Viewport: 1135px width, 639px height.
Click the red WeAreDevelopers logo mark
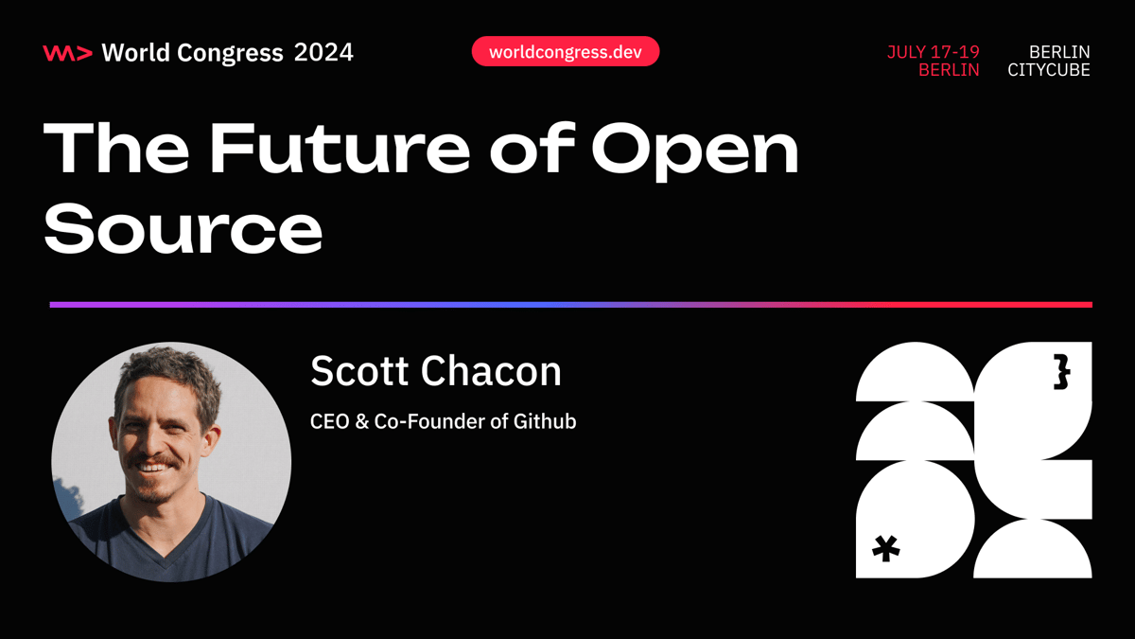[67, 53]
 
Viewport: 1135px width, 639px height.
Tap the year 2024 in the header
[323, 52]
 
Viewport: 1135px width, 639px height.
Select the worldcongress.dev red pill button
[565, 52]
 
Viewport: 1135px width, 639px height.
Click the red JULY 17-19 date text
[933, 52]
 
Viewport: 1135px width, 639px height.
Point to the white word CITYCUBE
[1048, 71]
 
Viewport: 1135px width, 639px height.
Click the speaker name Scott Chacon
[435, 371]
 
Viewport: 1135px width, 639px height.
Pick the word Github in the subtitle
[545, 421]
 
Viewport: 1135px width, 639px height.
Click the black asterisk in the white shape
[886, 548]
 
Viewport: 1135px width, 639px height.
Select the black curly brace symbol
[1061, 371]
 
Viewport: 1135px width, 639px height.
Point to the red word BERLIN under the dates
[949, 71]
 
